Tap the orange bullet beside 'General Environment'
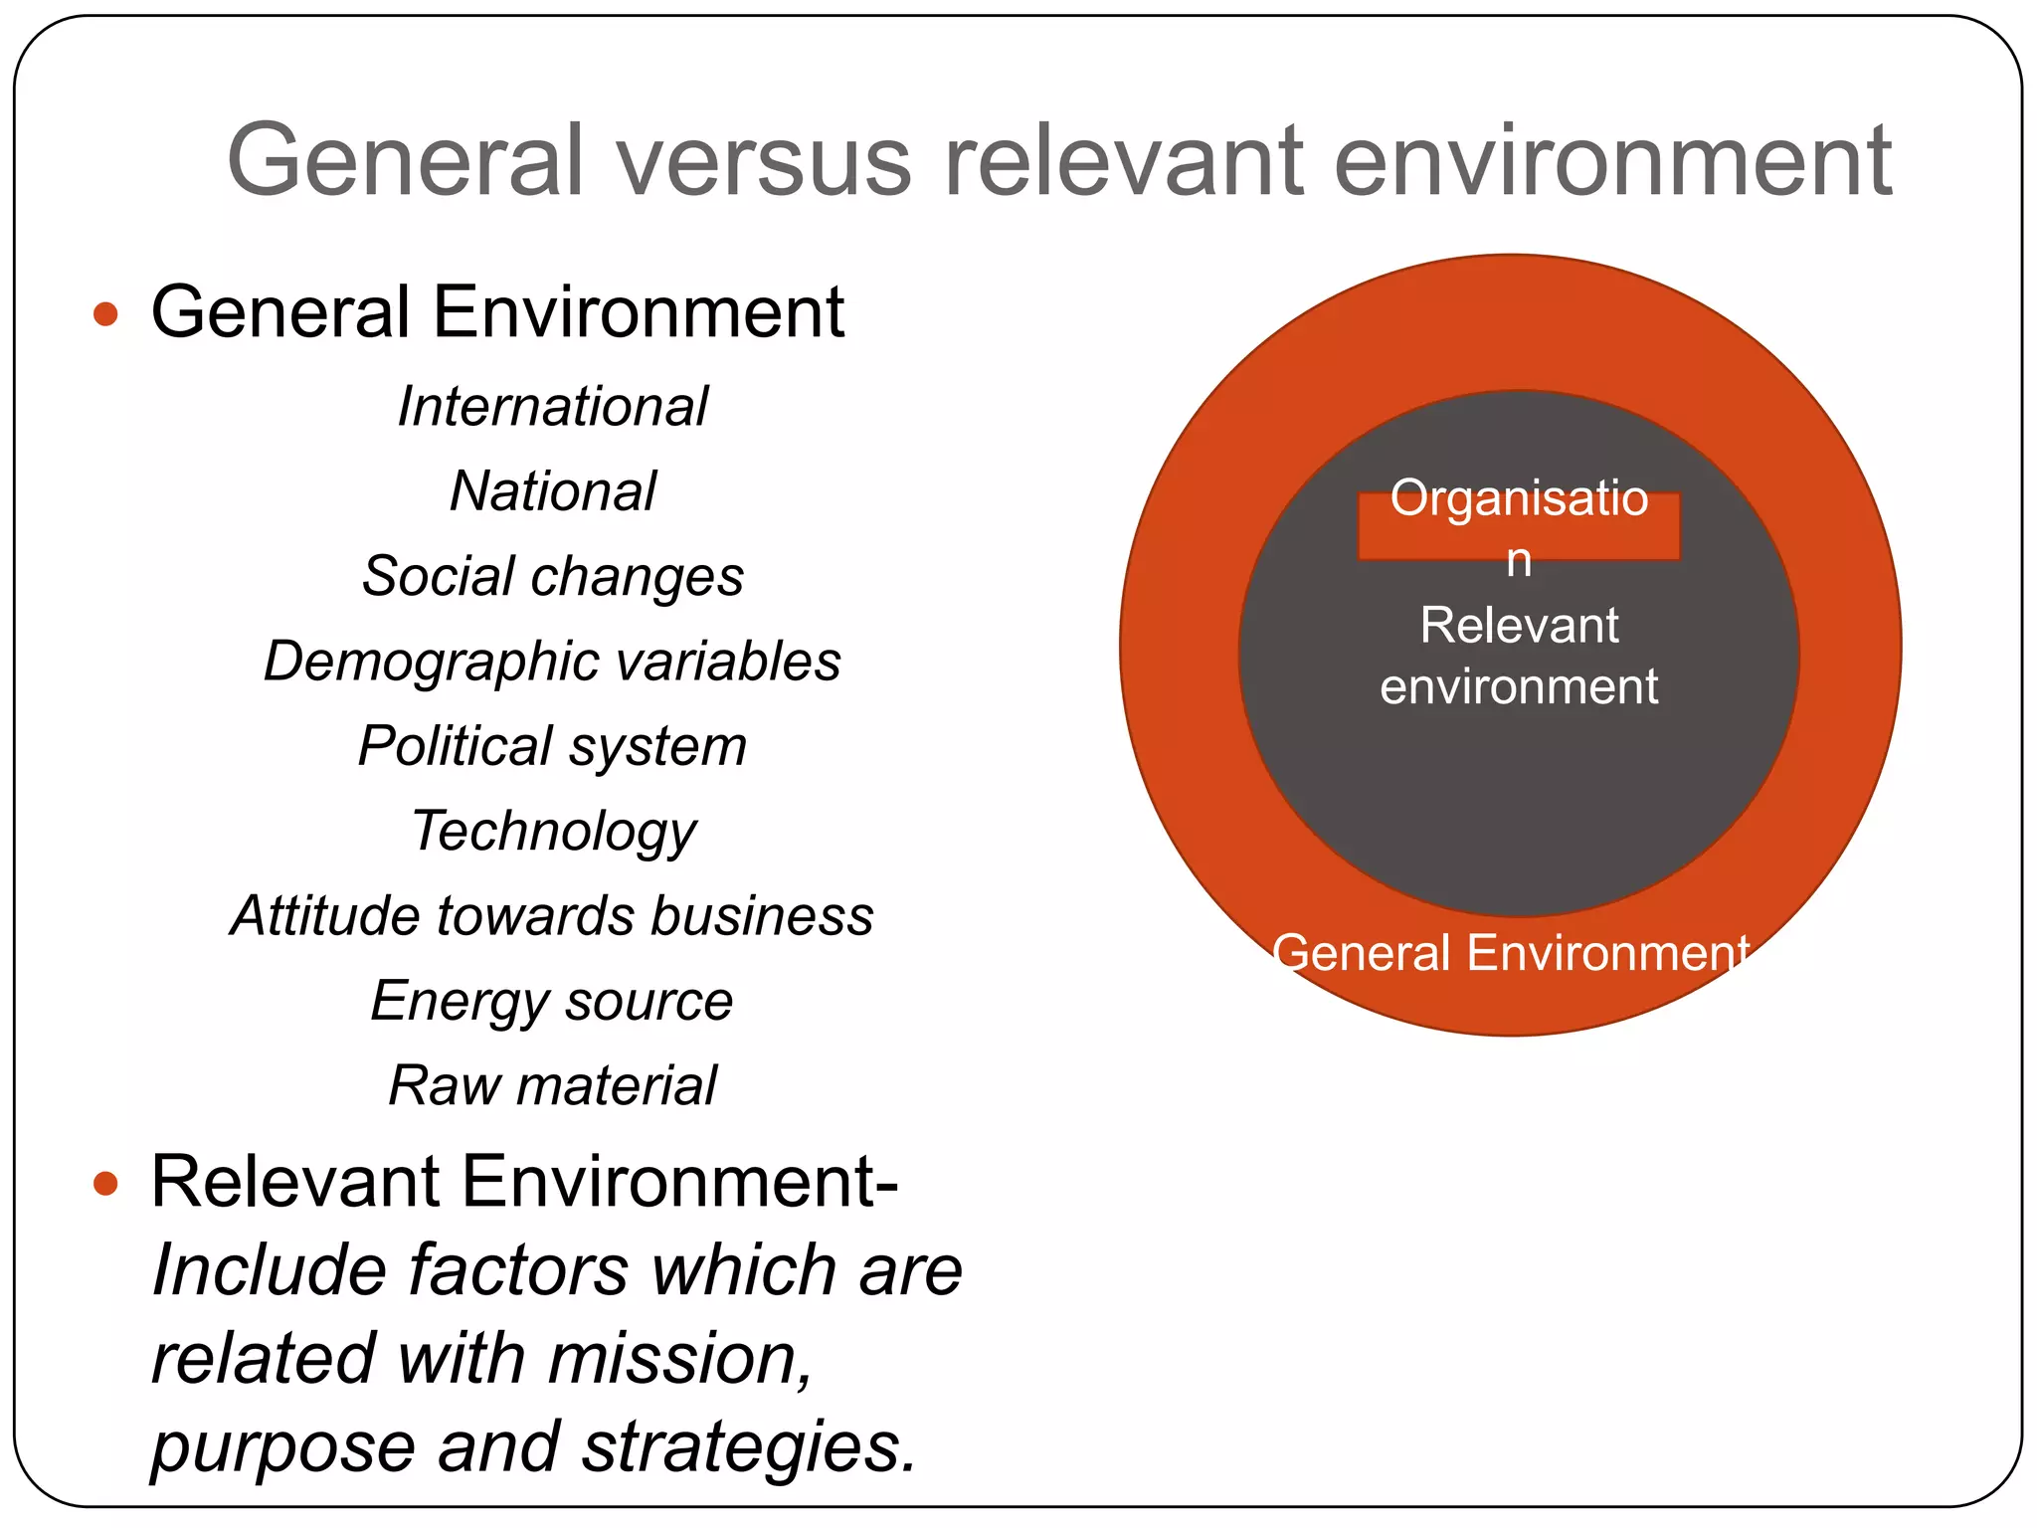[105, 315]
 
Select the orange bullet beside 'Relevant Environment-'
[105, 1184]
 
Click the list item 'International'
[552, 407]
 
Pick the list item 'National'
[552, 491]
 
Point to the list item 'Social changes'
[552, 577]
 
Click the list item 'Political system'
[552, 747]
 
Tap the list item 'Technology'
[553, 832]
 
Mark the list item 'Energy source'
[552, 1002]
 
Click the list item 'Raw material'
[552, 1085]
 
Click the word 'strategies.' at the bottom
[748, 1447]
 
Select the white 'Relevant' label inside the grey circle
[1519, 626]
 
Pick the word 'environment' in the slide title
[1611, 161]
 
